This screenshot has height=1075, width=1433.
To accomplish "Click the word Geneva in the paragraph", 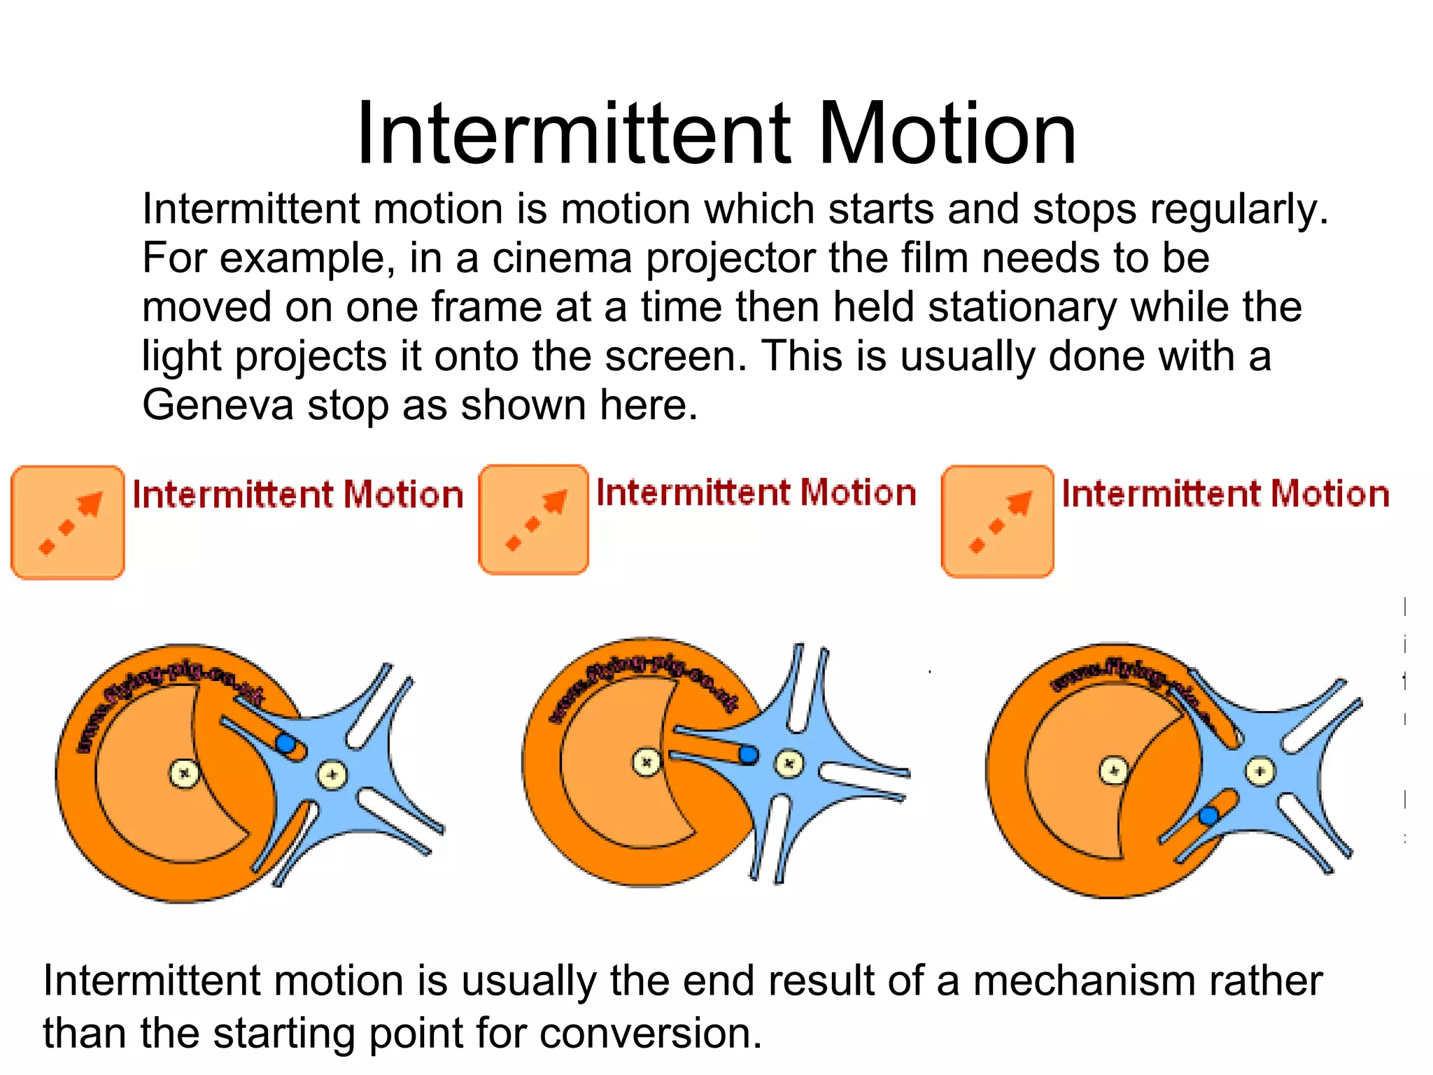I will pos(217,405).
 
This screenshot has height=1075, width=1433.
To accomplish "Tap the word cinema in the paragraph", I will pos(562,258).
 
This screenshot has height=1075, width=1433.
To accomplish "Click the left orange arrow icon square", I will pos(68,522).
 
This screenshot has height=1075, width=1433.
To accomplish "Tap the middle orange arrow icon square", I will pos(534,519).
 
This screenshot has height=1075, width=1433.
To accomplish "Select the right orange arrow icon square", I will pos(998,521).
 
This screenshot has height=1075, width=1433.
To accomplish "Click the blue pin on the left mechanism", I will pos(285,743).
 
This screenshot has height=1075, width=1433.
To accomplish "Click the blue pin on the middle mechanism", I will pos(749,754).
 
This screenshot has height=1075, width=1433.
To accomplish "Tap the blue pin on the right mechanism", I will pos(1208,815).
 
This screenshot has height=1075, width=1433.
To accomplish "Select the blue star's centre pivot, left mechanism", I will pos(332,774).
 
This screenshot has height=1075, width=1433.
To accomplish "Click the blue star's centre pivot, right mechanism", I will pos(1260,772).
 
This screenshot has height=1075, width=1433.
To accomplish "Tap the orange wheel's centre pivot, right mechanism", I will pos(1114,771).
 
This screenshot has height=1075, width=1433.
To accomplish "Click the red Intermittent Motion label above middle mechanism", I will pos(756,493).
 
